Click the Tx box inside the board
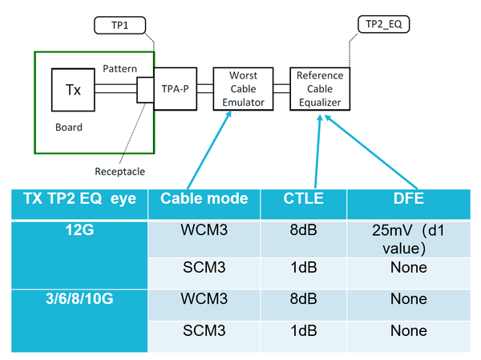click(x=71, y=89)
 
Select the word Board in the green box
click(x=69, y=127)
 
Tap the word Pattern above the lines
click(x=120, y=70)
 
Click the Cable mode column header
click(x=204, y=199)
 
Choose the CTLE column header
click(x=303, y=199)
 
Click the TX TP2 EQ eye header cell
click(x=79, y=199)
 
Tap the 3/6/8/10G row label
click(x=79, y=301)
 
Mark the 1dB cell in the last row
click(x=303, y=331)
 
